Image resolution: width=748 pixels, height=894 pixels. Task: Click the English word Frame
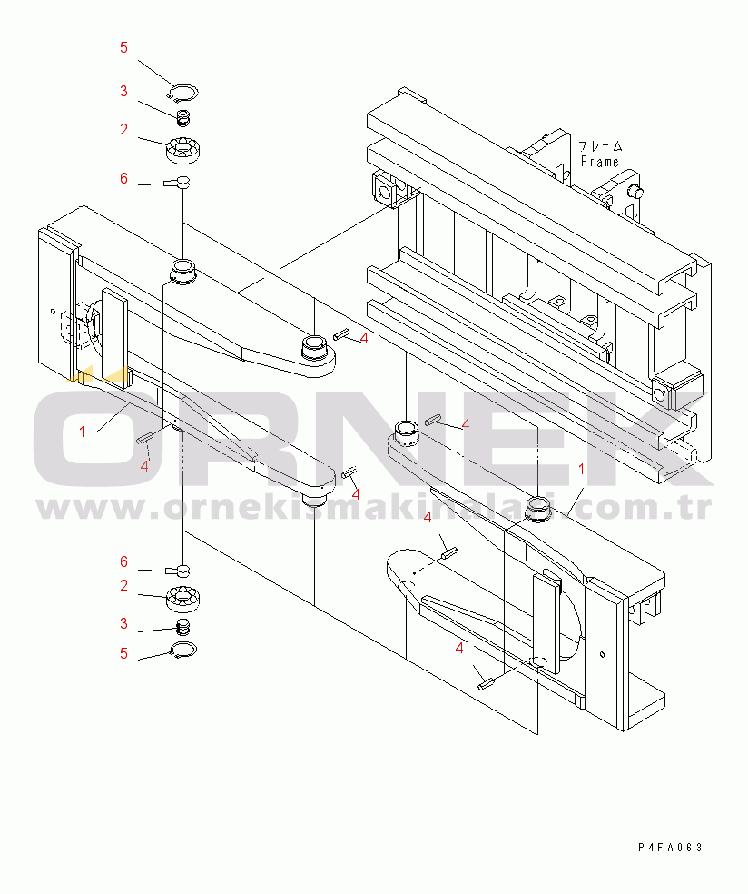(x=599, y=162)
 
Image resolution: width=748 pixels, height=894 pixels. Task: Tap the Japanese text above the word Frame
(x=600, y=147)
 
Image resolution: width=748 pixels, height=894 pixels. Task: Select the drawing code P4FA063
(x=671, y=848)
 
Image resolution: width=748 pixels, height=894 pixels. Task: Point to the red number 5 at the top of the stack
(x=123, y=47)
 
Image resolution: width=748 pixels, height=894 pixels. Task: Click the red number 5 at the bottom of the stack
(x=123, y=653)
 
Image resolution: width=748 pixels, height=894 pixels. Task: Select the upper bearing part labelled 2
(x=182, y=151)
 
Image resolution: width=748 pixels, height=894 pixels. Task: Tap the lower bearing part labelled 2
(x=182, y=598)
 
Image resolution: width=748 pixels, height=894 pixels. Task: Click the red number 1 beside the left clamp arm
(x=82, y=432)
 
